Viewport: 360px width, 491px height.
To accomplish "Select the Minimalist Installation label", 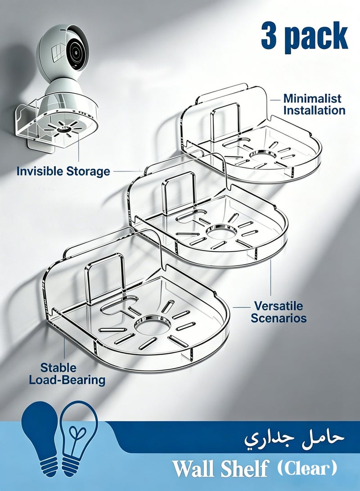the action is pos(314,104).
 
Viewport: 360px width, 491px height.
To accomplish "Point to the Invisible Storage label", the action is pos(63,171).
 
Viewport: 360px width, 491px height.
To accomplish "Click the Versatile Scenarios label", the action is pos(279,312).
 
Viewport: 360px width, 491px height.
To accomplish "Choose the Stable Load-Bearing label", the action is pos(67,374).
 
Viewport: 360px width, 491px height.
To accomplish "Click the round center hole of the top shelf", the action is pos(263,155).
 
